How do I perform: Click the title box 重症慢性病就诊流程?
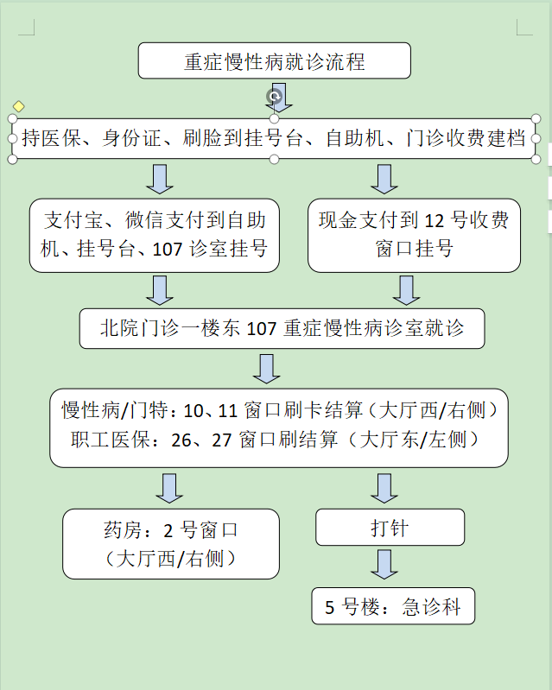[274, 60]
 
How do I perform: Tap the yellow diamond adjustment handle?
[18, 106]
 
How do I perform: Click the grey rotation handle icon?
[274, 96]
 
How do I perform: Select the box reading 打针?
[390, 527]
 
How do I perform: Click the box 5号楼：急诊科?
[393, 606]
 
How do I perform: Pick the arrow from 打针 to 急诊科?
[384, 564]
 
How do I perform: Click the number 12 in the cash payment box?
[435, 220]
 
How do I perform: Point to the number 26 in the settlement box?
[181, 440]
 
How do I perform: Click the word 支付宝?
[73, 219]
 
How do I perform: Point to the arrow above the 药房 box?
[169, 489]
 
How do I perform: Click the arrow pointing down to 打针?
[384, 489]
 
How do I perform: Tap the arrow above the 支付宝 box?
[159, 179]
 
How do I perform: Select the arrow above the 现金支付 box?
[384, 179]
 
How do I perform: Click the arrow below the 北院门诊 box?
[266, 369]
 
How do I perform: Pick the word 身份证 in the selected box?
[132, 137]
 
